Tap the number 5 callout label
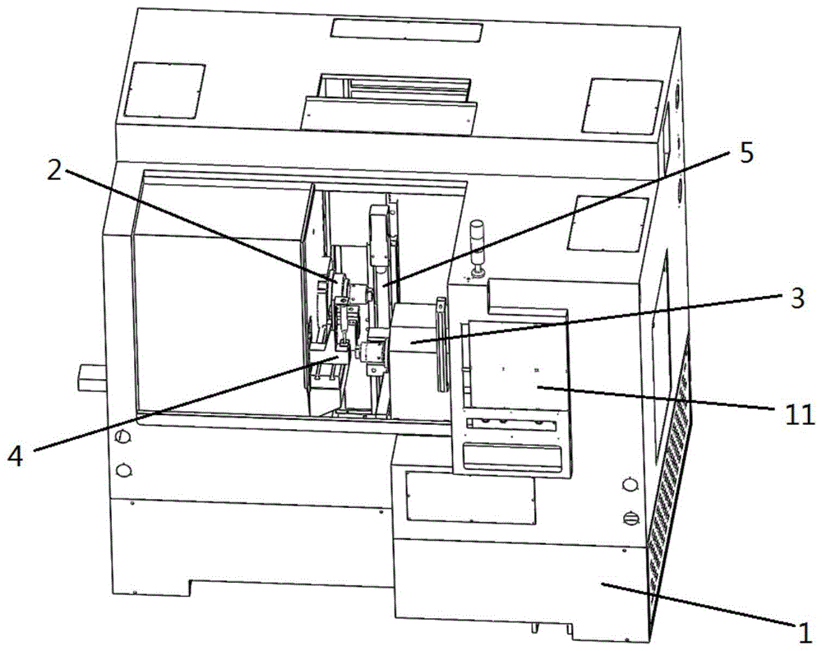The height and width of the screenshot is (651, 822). (747, 154)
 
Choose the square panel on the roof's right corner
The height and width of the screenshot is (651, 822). (625, 101)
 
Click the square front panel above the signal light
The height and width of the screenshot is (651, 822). (610, 222)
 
